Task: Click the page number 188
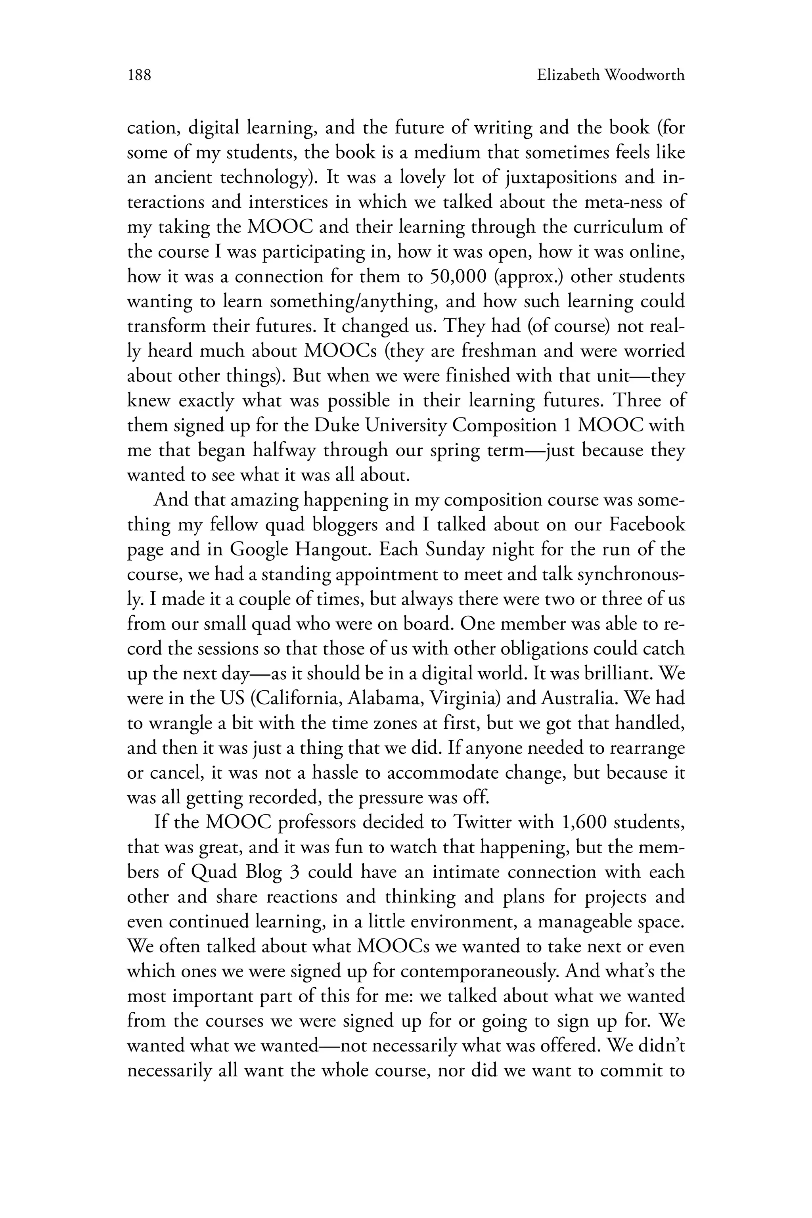click(139, 76)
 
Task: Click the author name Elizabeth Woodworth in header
click(611, 76)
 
